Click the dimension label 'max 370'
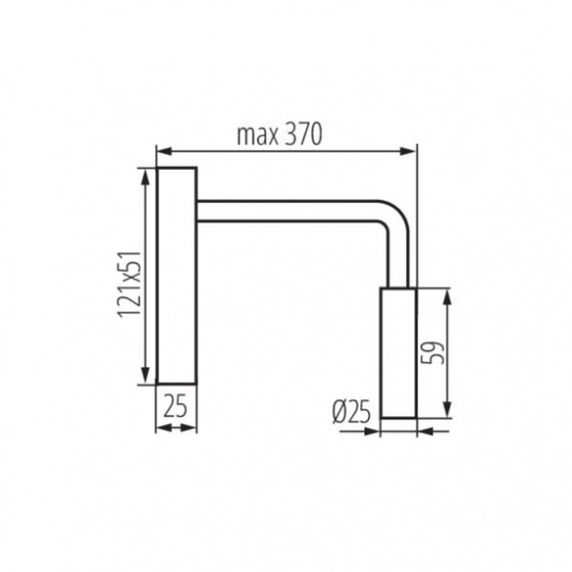click(x=279, y=135)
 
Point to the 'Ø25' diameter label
click(x=351, y=412)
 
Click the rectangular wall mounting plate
click(x=176, y=276)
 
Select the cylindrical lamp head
click(x=398, y=353)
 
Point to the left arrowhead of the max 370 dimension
click(x=163, y=151)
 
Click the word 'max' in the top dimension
click(x=254, y=136)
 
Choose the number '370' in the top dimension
click(x=303, y=135)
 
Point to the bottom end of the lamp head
click(x=398, y=416)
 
